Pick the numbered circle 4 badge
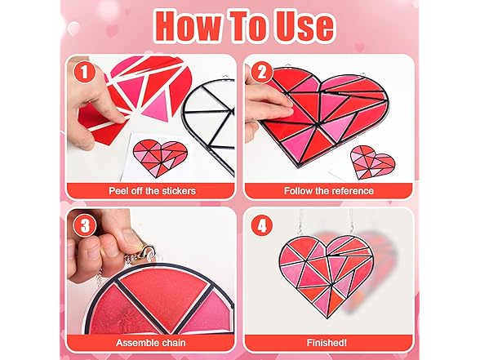click(x=262, y=224)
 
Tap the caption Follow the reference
click(x=329, y=190)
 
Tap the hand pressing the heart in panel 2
click(x=260, y=106)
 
